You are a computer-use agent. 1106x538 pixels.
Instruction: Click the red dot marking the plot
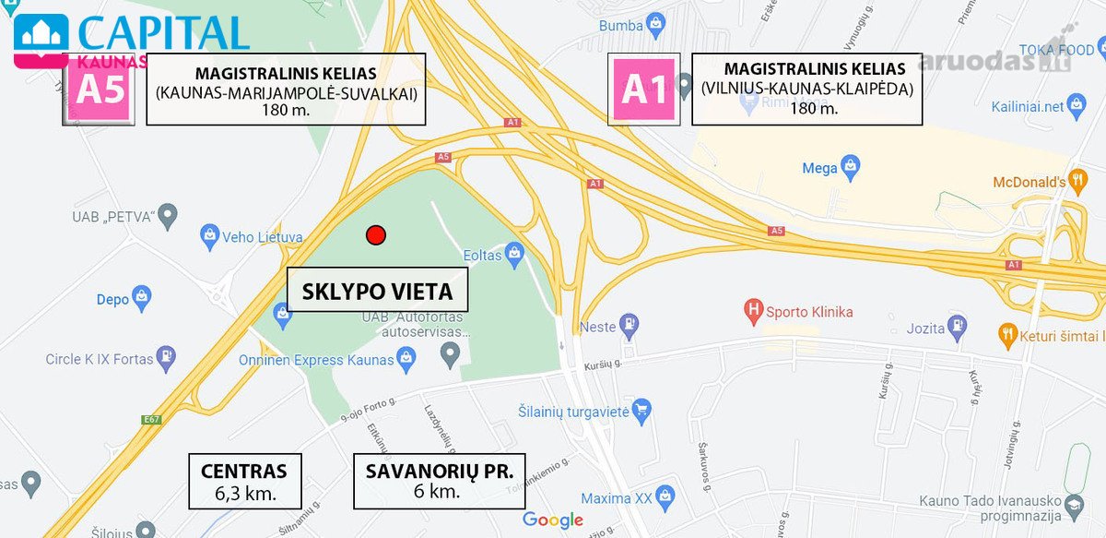coord(375,235)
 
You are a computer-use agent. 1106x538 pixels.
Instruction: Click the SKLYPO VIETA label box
coord(377,292)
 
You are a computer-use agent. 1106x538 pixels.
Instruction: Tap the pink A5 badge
coord(100,90)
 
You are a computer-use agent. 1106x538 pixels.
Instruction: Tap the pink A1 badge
coord(644,90)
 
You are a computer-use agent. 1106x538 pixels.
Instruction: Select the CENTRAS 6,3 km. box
coord(244,480)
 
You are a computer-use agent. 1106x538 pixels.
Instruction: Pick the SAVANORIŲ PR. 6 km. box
coord(439,480)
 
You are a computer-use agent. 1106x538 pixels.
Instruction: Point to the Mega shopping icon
coord(852,168)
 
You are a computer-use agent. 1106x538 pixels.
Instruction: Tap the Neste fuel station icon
coord(630,325)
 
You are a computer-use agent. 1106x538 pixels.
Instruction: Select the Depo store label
coord(113,299)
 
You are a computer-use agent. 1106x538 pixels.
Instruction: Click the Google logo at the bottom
coord(553,520)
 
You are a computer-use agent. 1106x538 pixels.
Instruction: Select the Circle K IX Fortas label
coord(100,359)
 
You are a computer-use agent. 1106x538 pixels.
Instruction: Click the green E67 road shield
coord(152,420)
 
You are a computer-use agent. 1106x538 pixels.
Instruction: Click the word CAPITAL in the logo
coord(163,33)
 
